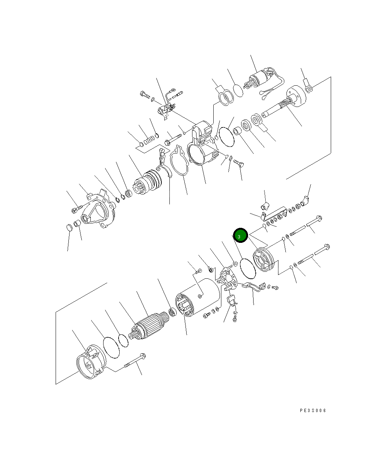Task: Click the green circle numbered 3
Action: click(240, 235)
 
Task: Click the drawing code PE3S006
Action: click(313, 411)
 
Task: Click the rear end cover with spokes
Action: click(263, 260)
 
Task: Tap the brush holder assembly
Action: click(228, 277)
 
